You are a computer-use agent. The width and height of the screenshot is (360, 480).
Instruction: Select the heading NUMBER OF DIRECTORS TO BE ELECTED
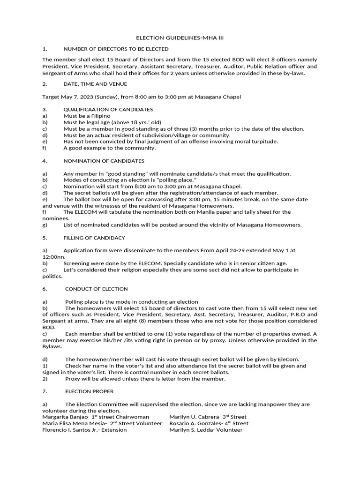(116, 49)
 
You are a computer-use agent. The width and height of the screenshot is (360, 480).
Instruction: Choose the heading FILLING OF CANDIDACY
(94, 238)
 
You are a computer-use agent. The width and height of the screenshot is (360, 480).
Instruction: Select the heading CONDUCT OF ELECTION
(96, 289)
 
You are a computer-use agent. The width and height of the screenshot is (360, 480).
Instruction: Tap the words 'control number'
(177, 372)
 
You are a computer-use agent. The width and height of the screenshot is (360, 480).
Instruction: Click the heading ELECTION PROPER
(89, 391)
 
